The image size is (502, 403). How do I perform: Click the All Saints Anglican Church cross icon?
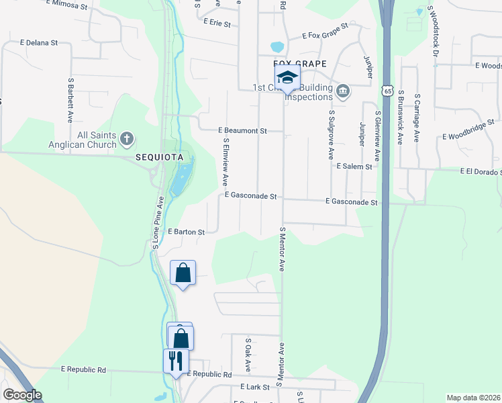pos(126,140)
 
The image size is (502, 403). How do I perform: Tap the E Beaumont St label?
pos(242,130)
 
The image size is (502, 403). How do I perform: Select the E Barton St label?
pos(186,232)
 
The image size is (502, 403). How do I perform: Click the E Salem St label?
pos(354,166)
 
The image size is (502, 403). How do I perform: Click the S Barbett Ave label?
pos(70,99)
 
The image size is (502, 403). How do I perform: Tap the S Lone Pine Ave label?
pos(158,222)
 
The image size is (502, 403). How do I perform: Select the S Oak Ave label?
pos(248,355)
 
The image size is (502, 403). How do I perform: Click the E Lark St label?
pos(254,387)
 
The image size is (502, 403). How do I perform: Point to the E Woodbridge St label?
pos(468,136)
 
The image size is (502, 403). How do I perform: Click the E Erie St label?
pos(217,23)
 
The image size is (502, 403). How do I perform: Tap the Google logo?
pos(22,395)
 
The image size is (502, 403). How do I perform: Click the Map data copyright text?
pos(474,398)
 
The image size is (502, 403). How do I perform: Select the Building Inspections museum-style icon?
pos(343,91)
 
